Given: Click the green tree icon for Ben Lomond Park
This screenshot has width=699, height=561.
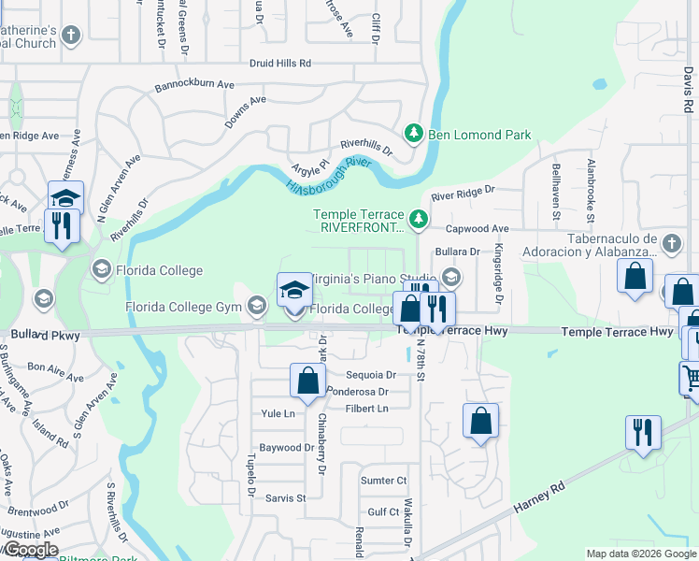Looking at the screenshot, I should click(x=415, y=135).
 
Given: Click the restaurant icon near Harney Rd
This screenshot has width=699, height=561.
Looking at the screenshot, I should click(x=643, y=432).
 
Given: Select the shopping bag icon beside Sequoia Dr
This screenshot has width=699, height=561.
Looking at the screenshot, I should click(x=307, y=381).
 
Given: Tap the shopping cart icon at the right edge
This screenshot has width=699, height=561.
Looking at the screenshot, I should click(x=692, y=379).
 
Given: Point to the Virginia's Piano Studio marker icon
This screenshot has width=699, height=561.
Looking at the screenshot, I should click(x=451, y=278).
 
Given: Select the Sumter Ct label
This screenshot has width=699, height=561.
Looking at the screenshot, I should click(x=384, y=480).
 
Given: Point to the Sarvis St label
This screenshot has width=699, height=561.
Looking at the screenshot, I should click(x=288, y=498).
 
